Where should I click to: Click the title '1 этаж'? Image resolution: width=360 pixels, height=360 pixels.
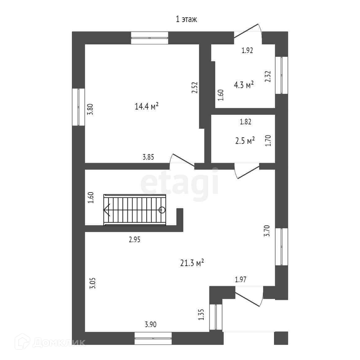point(186,20)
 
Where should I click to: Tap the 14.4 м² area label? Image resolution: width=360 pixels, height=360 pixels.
point(147,107)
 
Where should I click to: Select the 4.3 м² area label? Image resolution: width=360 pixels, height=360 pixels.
point(244,85)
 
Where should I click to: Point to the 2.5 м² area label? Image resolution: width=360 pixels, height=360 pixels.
point(245,141)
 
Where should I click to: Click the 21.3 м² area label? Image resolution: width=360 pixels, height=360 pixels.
point(192,263)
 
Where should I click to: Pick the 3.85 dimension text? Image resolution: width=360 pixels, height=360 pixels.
point(148,157)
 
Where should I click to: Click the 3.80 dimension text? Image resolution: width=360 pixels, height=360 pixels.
point(90,109)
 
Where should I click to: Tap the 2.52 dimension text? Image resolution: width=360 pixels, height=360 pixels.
point(194,88)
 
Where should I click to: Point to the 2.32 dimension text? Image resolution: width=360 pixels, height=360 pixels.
point(268,77)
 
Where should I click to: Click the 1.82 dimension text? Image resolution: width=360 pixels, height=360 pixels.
point(245,122)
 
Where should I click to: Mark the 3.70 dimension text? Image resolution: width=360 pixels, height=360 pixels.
point(267,231)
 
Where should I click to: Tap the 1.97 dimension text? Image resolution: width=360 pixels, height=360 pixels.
point(241,280)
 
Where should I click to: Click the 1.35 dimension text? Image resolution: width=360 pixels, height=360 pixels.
point(201,315)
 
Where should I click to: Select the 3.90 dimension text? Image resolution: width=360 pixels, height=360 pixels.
point(150,325)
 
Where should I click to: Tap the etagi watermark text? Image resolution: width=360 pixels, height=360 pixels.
point(180,185)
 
